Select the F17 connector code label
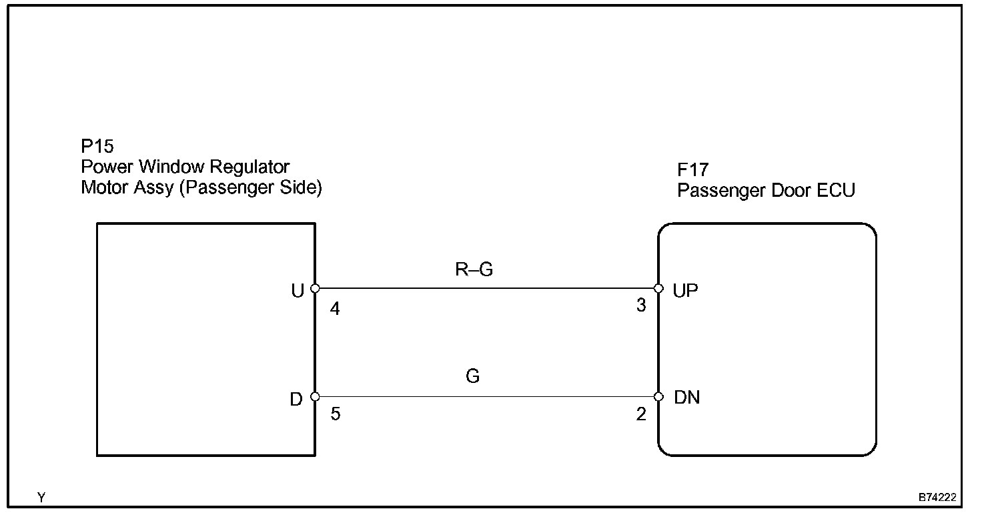point(692,171)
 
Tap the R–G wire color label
point(473,270)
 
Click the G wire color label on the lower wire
point(473,377)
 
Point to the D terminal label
point(297,399)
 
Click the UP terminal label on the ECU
point(686,291)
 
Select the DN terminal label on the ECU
point(687,398)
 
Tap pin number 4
point(335,310)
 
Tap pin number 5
point(336,415)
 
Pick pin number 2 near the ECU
point(641,415)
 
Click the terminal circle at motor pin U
point(315,289)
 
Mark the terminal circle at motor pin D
point(315,397)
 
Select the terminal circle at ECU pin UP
point(658,289)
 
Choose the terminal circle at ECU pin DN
point(658,397)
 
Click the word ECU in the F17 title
point(836,191)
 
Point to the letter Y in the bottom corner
point(41,498)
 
